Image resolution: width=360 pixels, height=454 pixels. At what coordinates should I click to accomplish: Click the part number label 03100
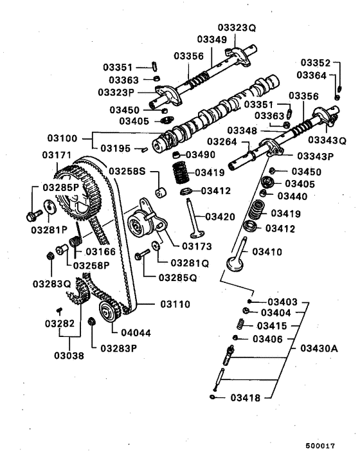pos(62,138)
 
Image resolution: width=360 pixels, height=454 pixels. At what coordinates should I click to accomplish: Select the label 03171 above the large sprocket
pos(57,155)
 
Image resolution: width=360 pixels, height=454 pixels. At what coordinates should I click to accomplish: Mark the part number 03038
pos(67,355)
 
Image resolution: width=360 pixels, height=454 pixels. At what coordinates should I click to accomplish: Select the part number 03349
pos(212,39)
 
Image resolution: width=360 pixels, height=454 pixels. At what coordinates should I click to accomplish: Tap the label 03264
pos(221,142)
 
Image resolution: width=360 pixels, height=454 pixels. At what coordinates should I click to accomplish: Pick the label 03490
pos(201,155)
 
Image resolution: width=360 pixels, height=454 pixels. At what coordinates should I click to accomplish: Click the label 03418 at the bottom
pos(246,398)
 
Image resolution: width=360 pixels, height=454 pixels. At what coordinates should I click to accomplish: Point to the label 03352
pos(314,63)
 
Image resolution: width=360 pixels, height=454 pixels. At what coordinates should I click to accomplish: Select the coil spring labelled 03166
pos(76,242)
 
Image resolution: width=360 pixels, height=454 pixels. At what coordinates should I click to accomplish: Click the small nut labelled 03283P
pos(93,321)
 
